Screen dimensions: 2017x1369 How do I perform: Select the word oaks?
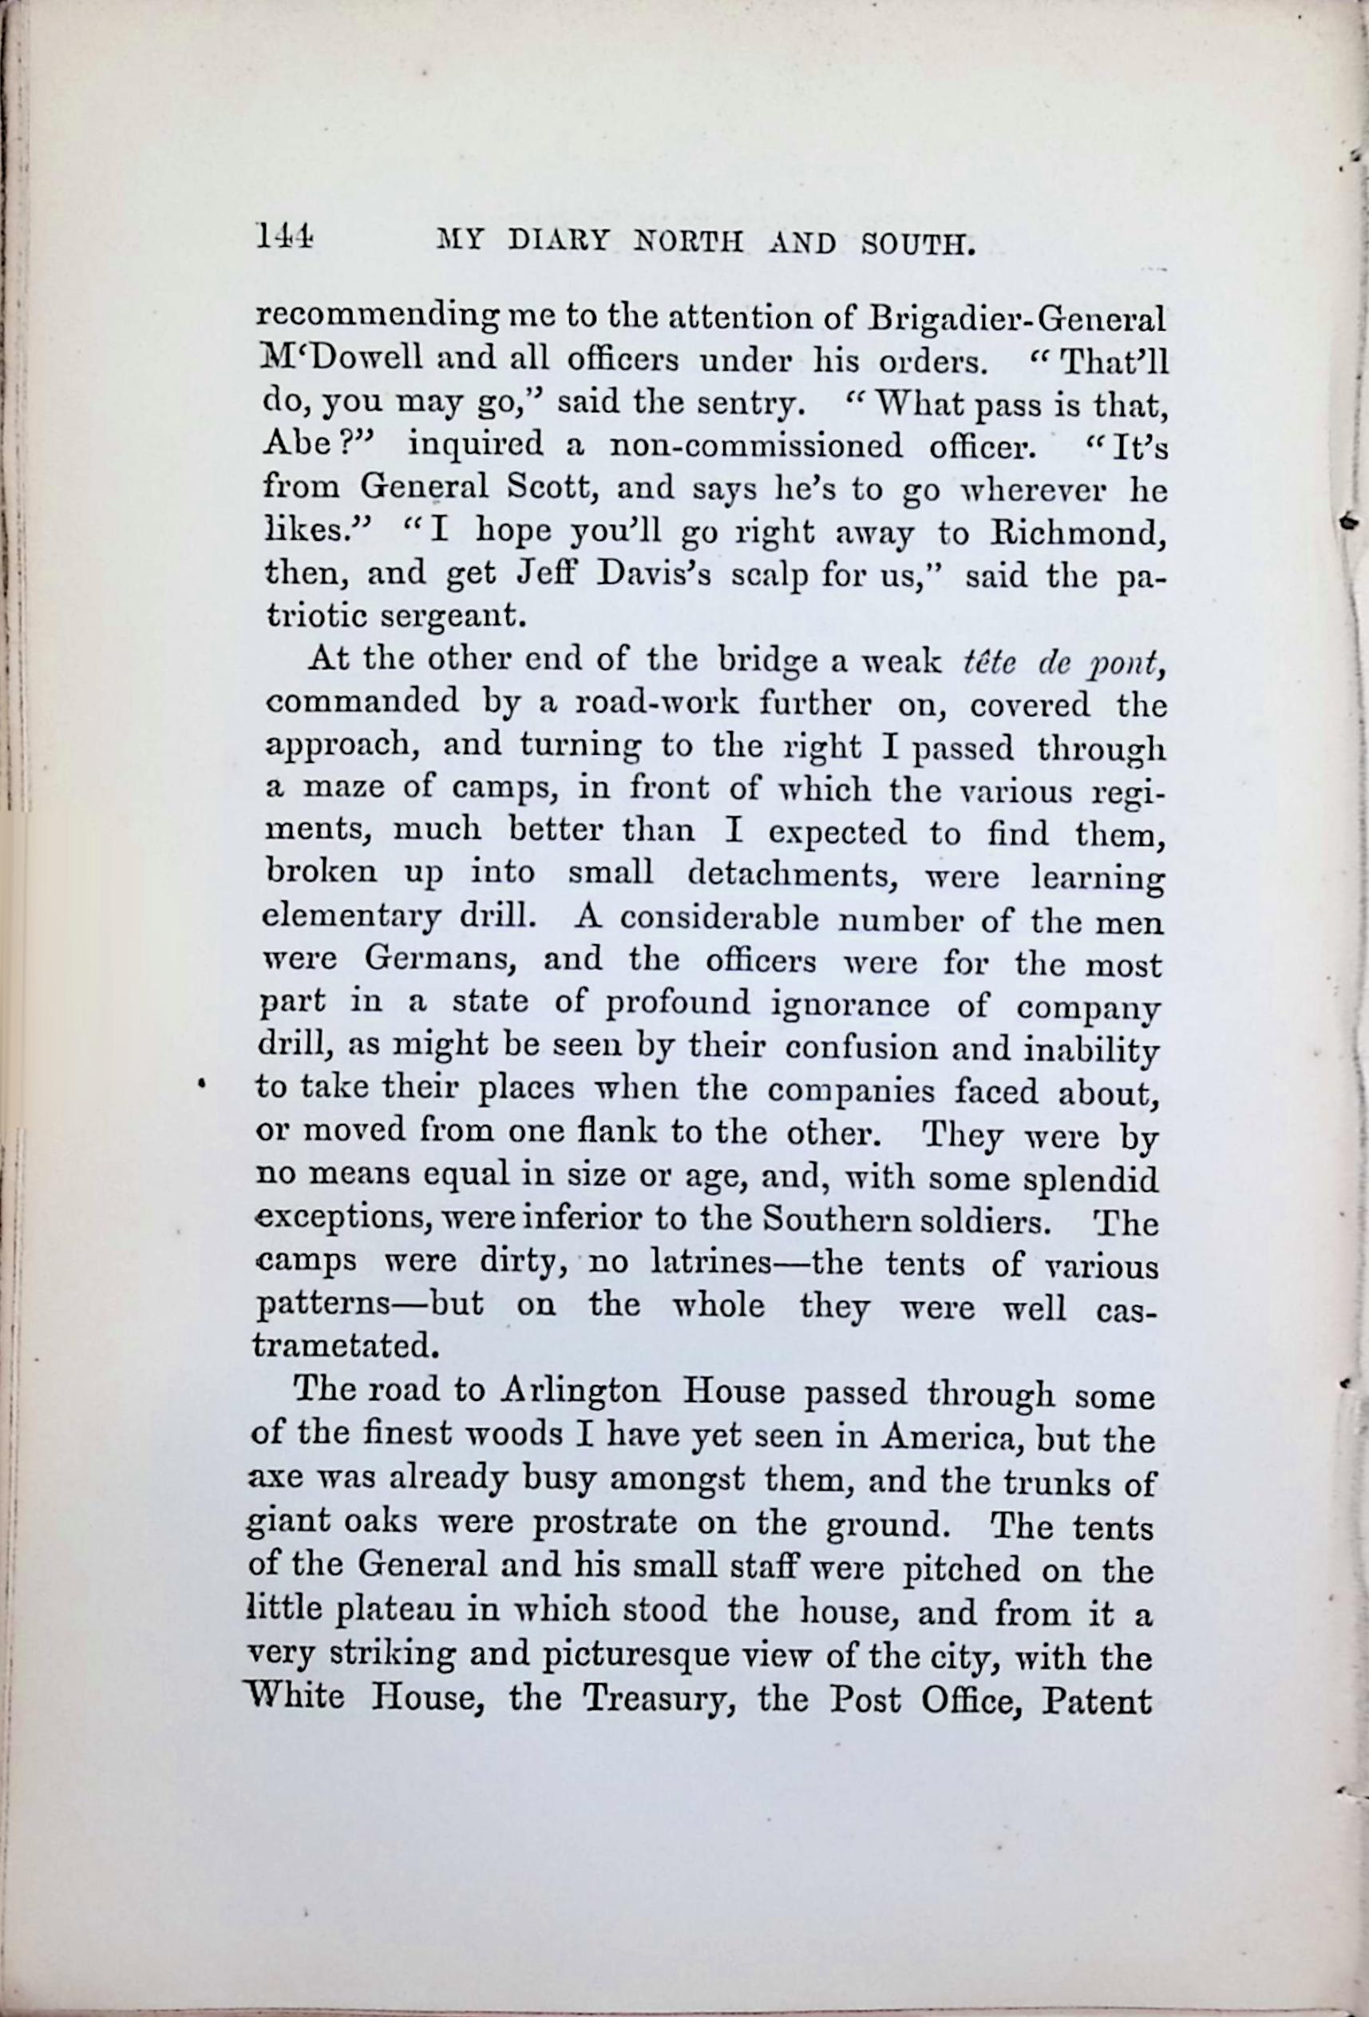tap(387, 1524)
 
